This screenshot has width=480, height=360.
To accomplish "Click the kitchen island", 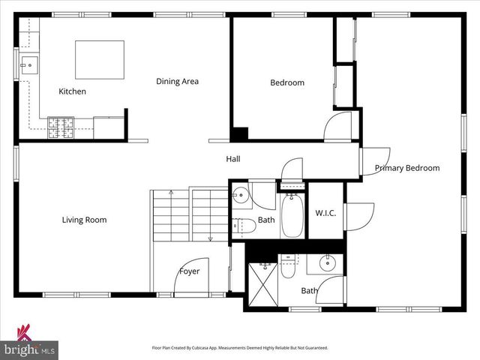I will click(100, 59).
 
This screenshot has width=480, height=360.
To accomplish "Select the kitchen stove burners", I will click(59, 127).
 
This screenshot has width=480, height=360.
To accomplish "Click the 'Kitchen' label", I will click(73, 91).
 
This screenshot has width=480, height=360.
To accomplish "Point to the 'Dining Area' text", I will click(177, 81).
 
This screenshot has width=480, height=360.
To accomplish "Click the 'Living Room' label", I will click(84, 220).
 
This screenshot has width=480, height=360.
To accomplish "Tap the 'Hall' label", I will click(233, 159).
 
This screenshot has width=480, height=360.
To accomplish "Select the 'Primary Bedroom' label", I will click(407, 168).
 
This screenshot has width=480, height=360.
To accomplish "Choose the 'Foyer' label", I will click(189, 271).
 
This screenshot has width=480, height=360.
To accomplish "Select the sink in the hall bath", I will click(240, 196).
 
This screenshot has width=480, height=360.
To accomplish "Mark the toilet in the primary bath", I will click(288, 267).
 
